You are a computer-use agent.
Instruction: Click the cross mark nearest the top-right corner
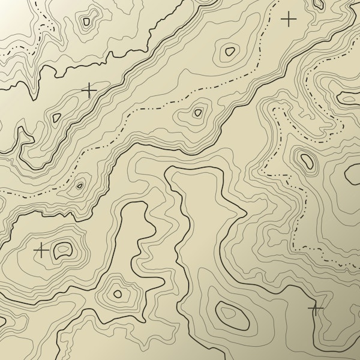point(289,19)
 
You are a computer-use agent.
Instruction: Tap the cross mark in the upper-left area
point(89,91)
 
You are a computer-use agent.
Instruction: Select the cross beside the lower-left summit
point(41,250)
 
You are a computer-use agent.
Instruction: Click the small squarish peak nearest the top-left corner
point(86,22)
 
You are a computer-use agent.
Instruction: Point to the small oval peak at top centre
point(229,51)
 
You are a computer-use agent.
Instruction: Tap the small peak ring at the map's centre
point(197,112)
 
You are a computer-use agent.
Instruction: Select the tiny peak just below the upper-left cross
point(56,118)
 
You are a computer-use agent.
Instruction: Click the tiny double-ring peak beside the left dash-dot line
point(79,185)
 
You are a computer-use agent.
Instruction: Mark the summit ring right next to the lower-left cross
point(62,250)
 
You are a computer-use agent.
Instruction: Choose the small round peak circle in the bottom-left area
point(118,294)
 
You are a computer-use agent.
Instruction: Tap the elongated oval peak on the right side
point(307,160)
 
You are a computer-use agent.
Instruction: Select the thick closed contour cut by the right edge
point(353,173)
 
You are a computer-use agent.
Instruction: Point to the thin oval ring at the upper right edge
point(349,98)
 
